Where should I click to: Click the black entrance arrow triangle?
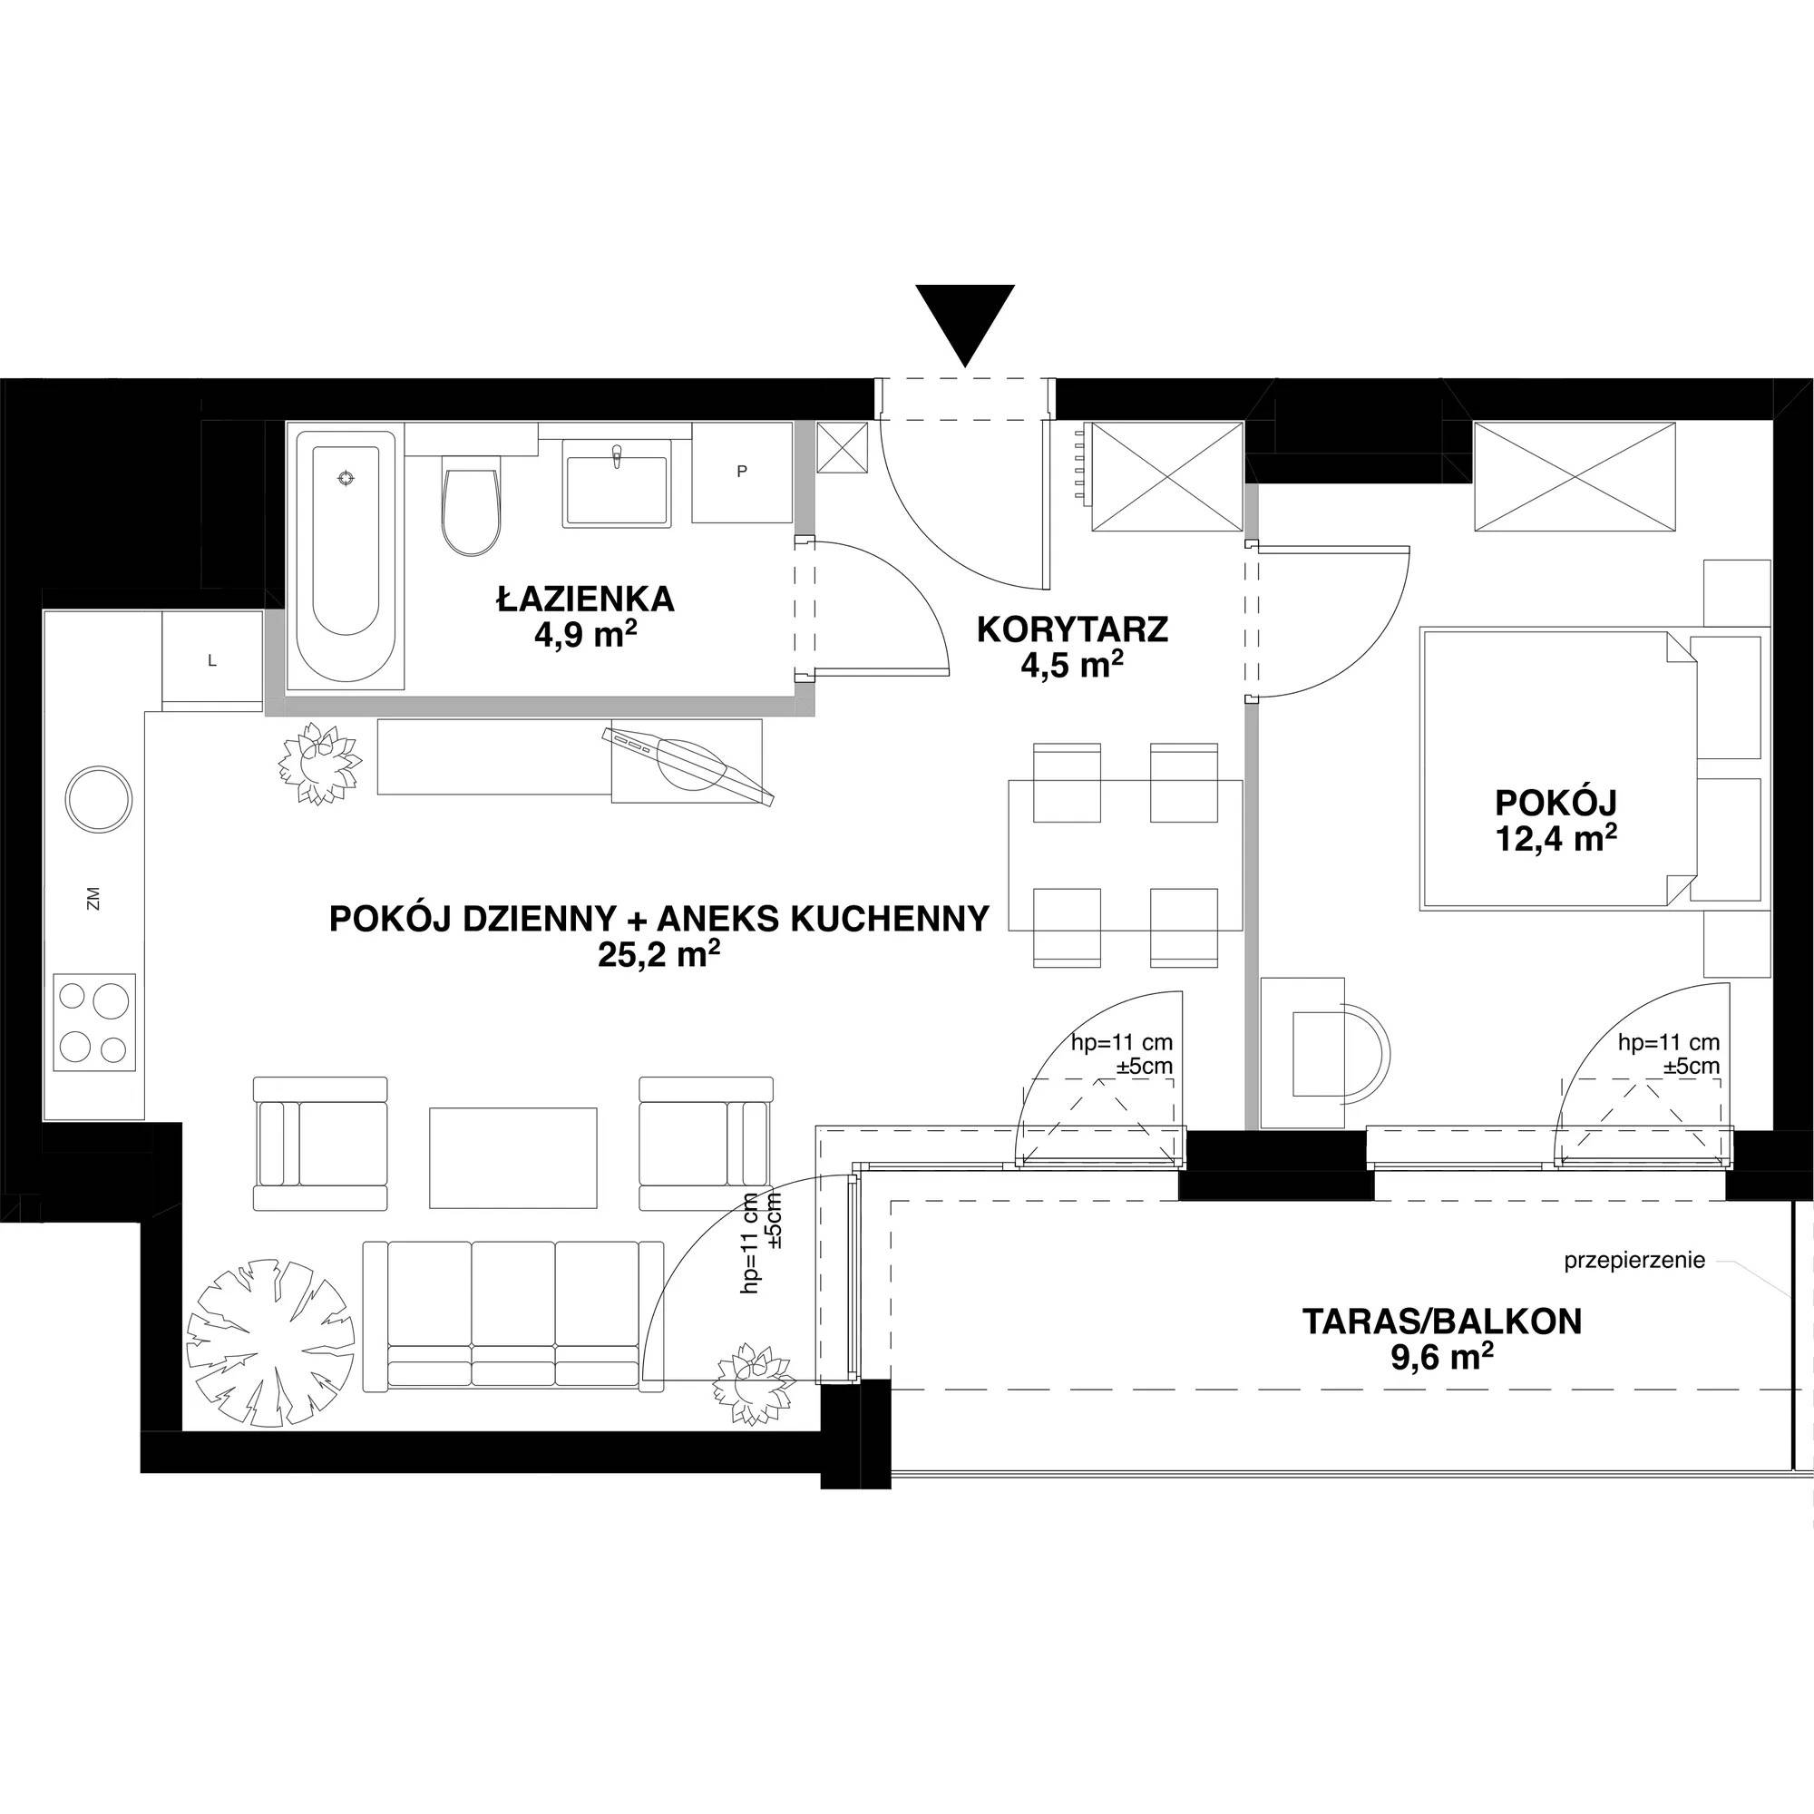965,323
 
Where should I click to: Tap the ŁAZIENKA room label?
585,598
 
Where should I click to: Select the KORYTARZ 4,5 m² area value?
1073,666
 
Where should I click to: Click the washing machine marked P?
742,473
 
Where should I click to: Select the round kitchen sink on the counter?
99,797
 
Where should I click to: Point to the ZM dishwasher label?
92,899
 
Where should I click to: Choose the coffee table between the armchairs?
513,1157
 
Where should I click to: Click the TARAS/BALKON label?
1441,1322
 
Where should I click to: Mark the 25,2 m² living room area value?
658,955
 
